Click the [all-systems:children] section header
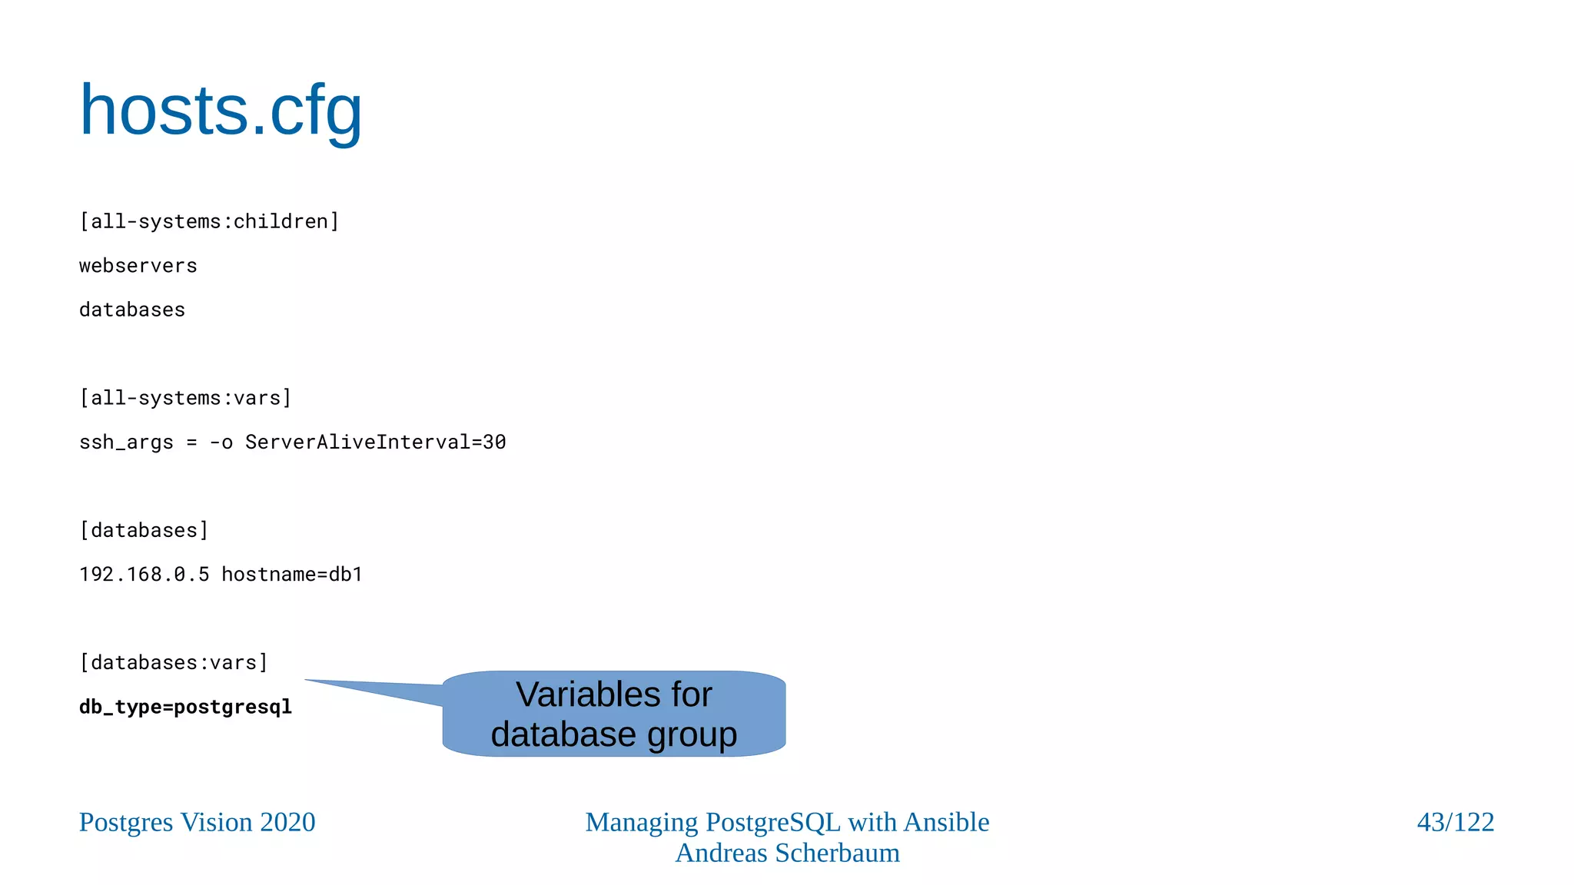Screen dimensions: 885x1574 pos(209,221)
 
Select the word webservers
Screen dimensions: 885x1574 pos(138,266)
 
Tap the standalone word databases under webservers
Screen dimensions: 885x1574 pos(132,310)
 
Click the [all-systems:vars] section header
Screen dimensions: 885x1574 pos(185,398)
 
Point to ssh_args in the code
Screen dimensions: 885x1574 pos(126,442)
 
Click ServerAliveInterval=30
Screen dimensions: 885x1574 pos(375,442)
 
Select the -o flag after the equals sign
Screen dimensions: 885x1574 pos(221,442)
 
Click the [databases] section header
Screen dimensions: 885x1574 pos(144,530)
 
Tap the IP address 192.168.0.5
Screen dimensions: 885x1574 pos(144,575)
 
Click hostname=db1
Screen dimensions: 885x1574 pos(292,575)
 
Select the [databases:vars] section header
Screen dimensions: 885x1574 pos(174,662)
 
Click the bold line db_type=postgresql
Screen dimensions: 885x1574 pos(185,707)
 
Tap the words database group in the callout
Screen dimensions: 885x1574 pos(613,734)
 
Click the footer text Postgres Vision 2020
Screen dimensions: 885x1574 pos(197,822)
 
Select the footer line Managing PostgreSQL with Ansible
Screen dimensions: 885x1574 pos(787,822)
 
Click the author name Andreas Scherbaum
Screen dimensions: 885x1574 pos(787,853)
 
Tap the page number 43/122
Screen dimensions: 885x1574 pos(1455,822)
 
